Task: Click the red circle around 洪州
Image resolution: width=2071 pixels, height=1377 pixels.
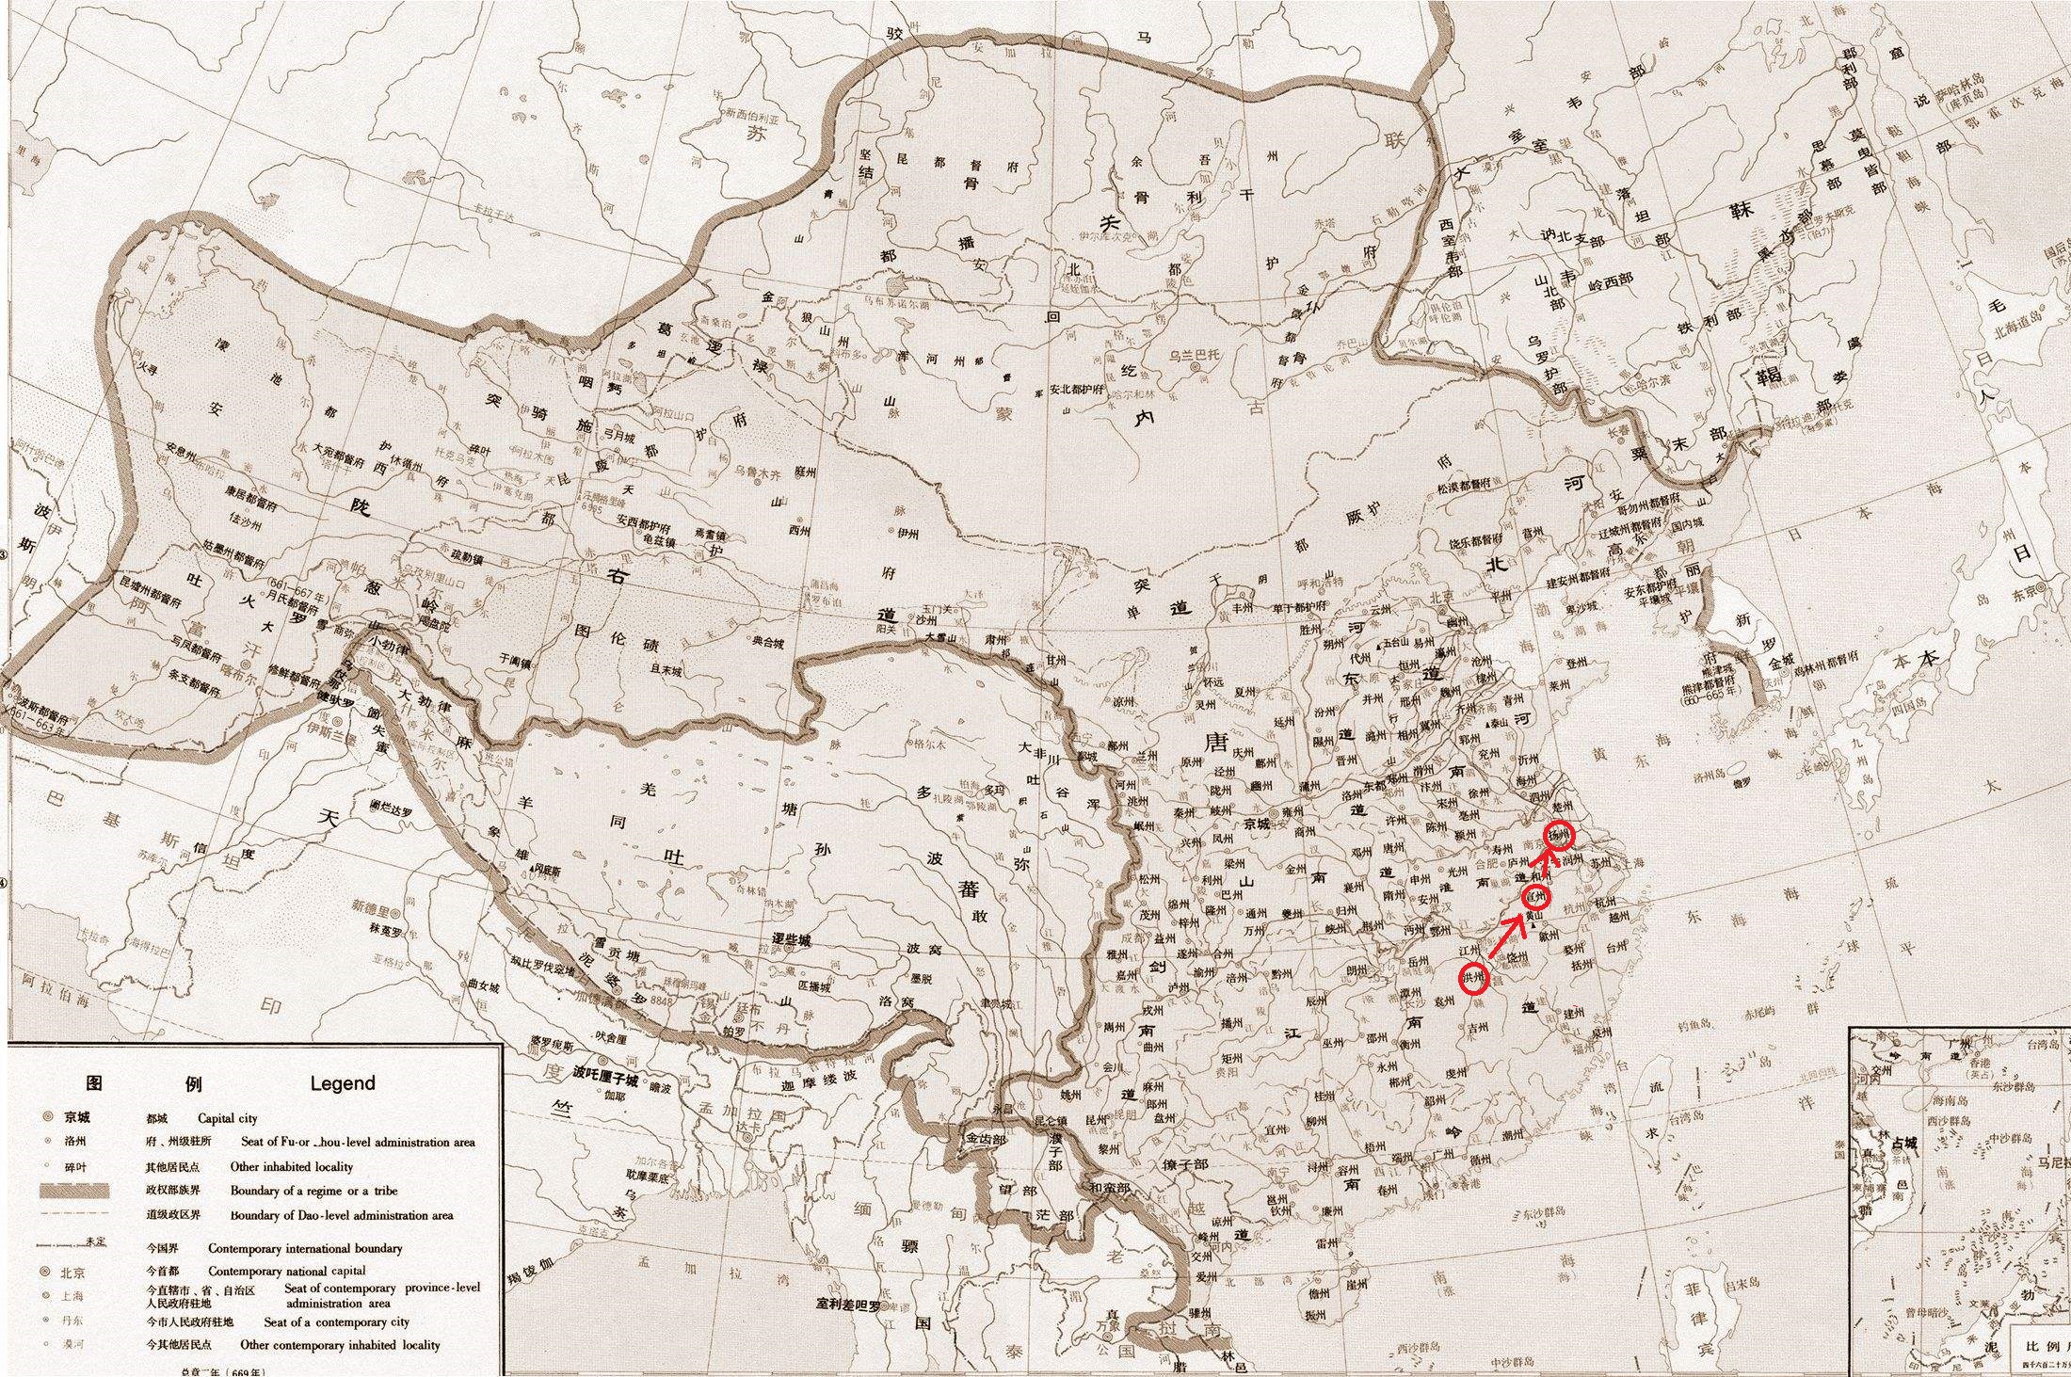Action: (1475, 979)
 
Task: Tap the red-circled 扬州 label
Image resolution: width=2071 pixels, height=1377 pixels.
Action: (1559, 834)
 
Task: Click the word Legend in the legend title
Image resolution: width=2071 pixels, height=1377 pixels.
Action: (343, 1083)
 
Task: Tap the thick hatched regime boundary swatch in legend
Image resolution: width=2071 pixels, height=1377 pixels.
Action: (74, 1191)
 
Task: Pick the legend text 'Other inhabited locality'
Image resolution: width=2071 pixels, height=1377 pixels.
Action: (291, 1166)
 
